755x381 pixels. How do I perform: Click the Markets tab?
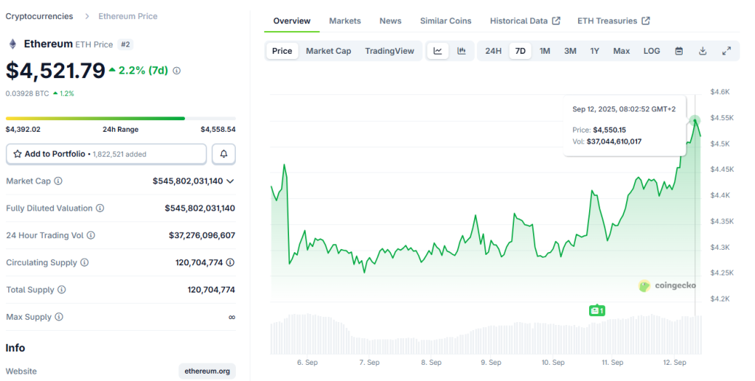345,21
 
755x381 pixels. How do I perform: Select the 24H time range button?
493,51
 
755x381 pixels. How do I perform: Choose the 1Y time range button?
594,51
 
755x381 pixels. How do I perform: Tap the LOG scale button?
652,51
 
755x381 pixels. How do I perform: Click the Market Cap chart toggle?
328,51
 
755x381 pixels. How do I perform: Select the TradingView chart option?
389,51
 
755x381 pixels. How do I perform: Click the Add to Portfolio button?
106,154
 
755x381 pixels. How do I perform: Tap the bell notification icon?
224,154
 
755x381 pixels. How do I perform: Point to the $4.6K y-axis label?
720,92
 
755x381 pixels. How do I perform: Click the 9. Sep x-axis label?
491,363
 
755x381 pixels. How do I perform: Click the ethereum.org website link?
207,371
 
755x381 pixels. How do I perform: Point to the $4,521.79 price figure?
55,71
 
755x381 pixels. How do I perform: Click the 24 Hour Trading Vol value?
201,235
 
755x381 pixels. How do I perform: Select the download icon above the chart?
703,51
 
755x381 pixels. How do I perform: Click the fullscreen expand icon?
726,51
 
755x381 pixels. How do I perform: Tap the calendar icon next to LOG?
679,51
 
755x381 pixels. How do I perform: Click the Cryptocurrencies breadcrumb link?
39,16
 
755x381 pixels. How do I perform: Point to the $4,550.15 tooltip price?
609,130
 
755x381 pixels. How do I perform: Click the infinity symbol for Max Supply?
232,317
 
